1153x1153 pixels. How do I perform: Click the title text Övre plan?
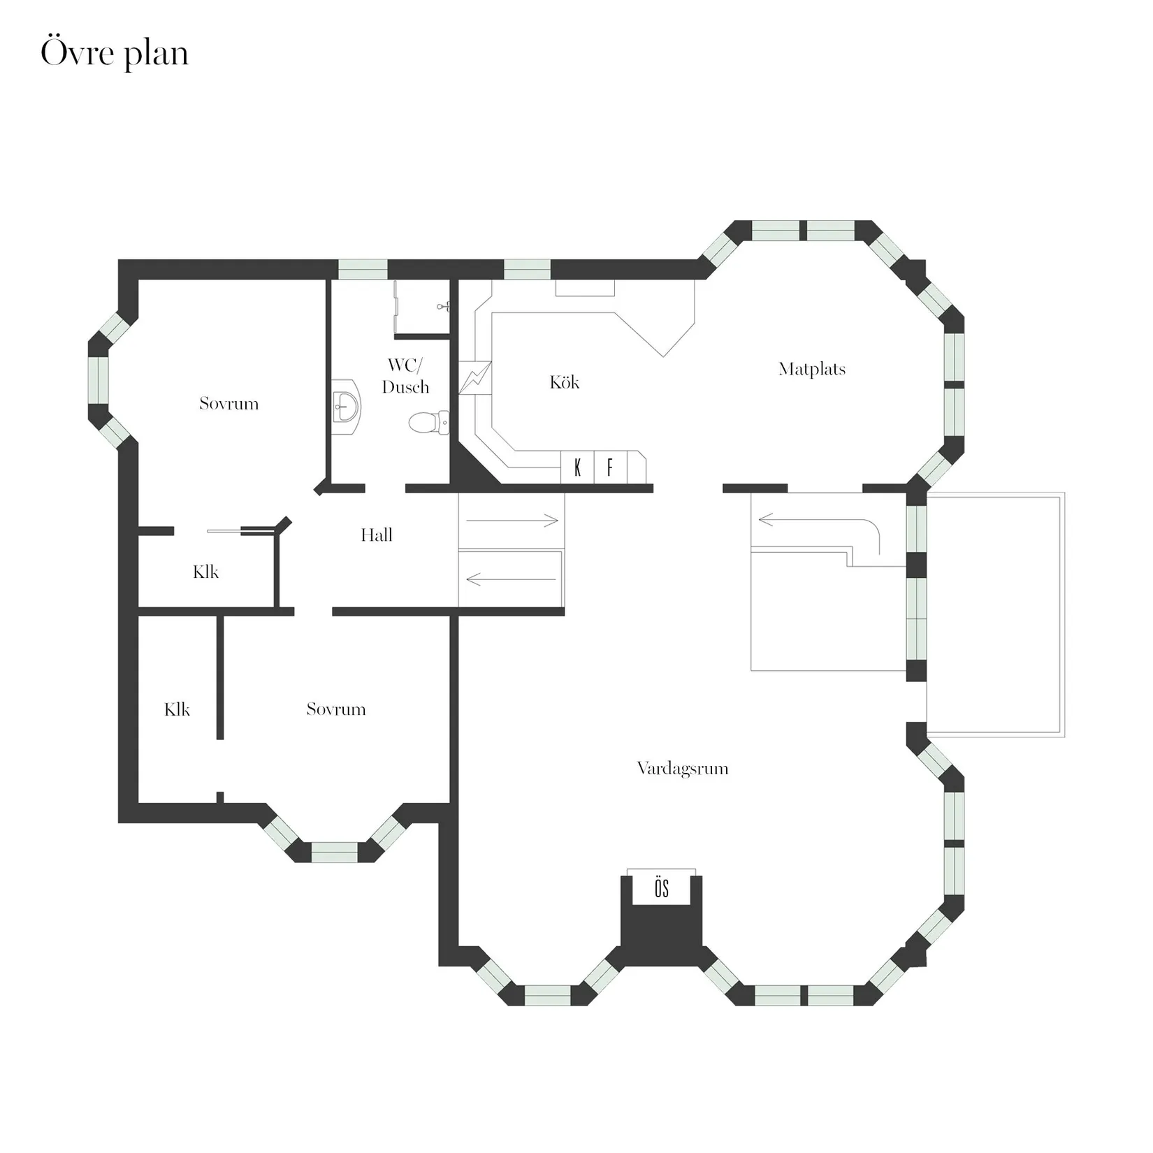coord(115,54)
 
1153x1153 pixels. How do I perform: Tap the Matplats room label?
coord(812,369)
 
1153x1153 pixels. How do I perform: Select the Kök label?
coord(564,382)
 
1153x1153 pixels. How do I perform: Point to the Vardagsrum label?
coord(683,769)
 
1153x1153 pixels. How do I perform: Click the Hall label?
coord(376,535)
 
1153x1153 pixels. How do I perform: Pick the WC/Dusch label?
coord(405,376)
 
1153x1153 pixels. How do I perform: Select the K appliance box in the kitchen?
coord(578,467)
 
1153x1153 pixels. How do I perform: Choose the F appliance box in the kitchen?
coord(610,467)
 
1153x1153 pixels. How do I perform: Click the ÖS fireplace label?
coord(662,889)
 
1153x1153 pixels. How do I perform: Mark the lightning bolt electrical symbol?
coord(475,378)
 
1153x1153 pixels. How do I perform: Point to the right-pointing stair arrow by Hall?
coord(512,521)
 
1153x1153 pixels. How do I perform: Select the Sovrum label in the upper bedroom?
coord(229,403)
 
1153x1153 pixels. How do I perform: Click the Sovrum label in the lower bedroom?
coord(336,709)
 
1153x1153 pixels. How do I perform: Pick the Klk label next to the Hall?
coord(206,572)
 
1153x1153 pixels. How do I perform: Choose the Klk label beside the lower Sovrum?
coord(177,710)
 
